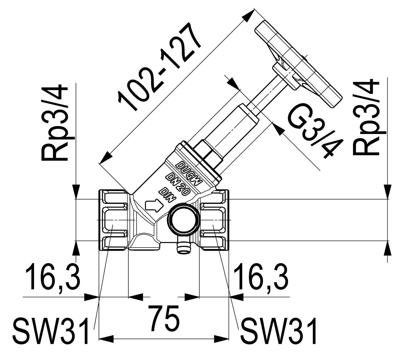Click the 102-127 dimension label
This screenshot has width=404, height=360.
(x=160, y=67)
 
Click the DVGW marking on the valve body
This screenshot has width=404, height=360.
(x=189, y=173)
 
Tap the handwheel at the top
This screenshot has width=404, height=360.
(x=298, y=65)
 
